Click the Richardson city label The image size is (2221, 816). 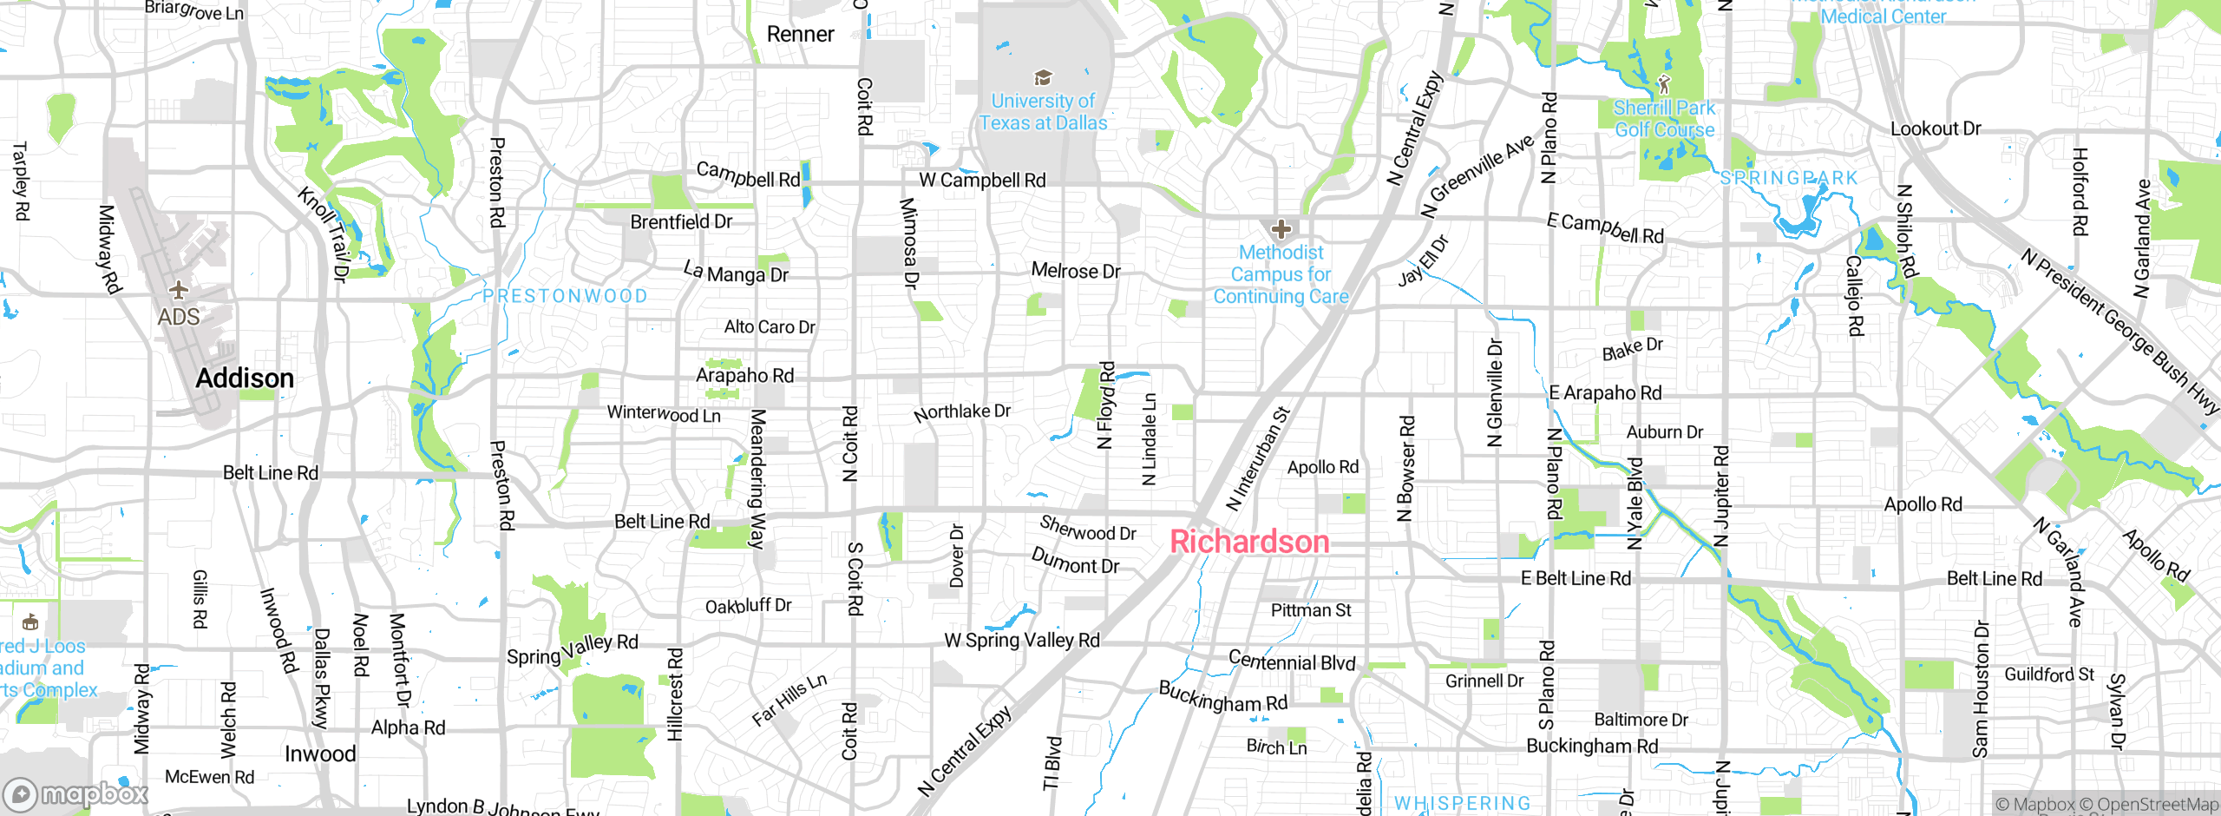tap(1249, 542)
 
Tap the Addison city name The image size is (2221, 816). tap(245, 378)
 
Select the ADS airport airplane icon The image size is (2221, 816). tap(179, 289)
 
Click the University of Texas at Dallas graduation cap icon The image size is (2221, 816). tap(1043, 78)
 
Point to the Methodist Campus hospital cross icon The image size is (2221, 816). tap(1281, 229)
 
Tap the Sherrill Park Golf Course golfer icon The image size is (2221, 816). tap(1663, 84)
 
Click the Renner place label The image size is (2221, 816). tap(800, 35)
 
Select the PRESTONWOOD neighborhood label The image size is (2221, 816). tap(565, 296)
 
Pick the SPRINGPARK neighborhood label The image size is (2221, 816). tap(1789, 178)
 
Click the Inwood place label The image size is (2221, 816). tap(320, 754)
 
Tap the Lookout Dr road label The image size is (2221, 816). tap(1936, 128)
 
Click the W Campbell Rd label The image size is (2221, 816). tap(982, 181)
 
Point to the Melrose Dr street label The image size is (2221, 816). tap(1076, 271)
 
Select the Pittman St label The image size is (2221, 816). tap(1311, 610)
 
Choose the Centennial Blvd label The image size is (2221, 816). tap(1292, 661)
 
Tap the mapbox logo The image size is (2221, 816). tap(76, 793)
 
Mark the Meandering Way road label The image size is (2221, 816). tap(757, 478)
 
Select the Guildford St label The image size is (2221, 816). tap(2048, 675)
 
